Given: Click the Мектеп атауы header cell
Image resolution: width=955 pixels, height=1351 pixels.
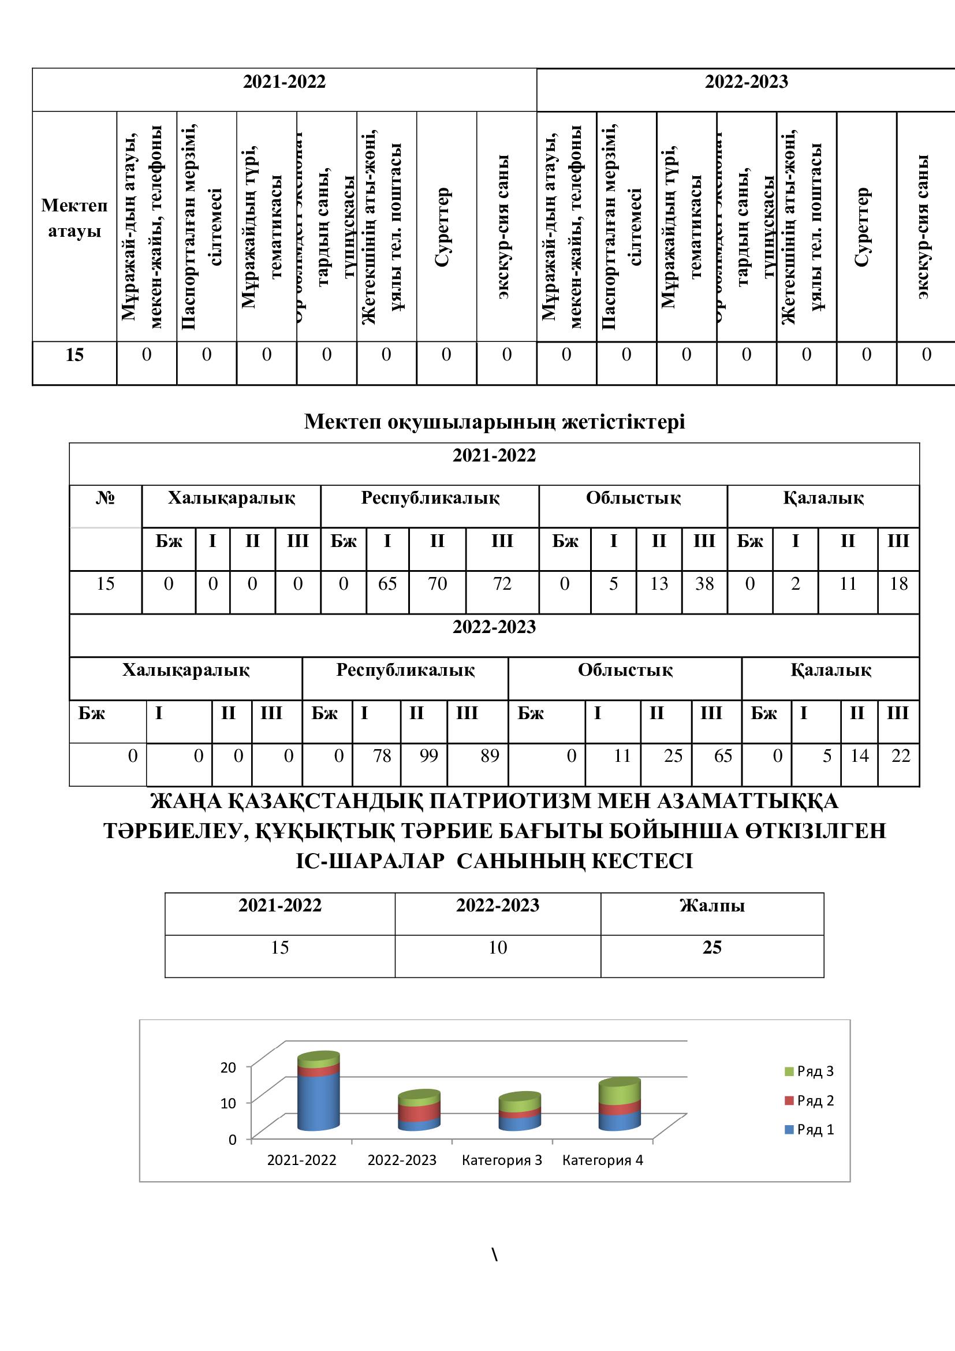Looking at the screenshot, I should pos(74,218).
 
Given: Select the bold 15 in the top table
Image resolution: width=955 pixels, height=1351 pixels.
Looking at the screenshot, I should pos(74,355).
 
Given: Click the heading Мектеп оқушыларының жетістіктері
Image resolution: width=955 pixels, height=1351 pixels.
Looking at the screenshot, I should pos(495,422).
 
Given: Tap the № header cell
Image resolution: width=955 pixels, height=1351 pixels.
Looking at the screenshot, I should pos(105,498).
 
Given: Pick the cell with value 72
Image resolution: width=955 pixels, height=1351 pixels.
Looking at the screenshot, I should pos(502,584).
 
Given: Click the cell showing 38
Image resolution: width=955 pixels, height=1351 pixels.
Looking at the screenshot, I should pos(704,584).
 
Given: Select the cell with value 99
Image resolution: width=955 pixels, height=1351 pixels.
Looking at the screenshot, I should pos(428,755).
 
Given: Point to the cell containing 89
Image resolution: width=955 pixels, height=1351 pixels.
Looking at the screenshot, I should pos(489,755).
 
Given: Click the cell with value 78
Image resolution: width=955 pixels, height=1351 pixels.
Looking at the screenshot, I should pos(382,755).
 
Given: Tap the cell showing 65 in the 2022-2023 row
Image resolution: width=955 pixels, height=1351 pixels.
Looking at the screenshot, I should pos(723,755).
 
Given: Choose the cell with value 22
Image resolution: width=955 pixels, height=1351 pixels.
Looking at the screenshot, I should pos(900,755).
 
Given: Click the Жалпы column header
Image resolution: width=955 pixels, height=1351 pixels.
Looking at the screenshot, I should pos(712,905).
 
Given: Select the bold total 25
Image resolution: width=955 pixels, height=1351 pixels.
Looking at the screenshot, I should pos(712,947).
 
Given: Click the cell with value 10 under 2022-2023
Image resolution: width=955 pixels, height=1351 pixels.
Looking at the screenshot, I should pos(498,947).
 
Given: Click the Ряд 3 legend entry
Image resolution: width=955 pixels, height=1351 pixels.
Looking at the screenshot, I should pos(815,1071).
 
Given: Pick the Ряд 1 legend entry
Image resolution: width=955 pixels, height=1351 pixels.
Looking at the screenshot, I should pos(815,1129).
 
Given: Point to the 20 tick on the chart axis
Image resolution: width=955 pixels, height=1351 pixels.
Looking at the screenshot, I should pos(228,1067).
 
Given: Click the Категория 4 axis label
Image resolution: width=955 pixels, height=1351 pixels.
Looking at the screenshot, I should pos(603,1160).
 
